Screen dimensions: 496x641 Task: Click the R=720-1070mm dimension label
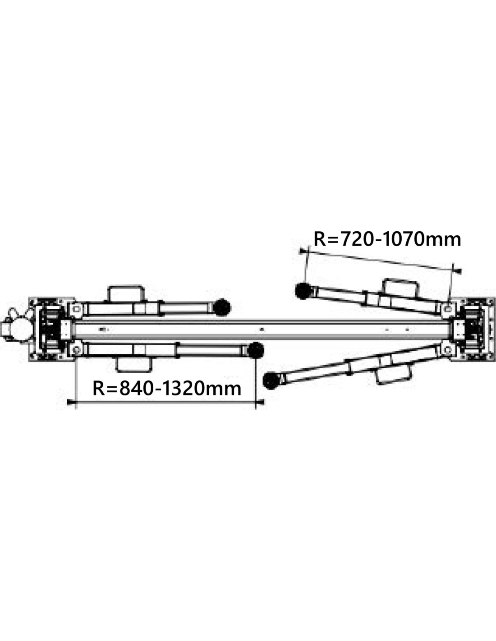[x=387, y=239]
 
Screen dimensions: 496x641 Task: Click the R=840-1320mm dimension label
[x=167, y=389]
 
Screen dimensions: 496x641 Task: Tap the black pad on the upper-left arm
[x=221, y=307]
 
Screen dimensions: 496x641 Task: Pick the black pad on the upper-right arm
[x=303, y=290]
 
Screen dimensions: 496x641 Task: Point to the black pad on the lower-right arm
[x=272, y=380]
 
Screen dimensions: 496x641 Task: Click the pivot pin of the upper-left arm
[x=76, y=309]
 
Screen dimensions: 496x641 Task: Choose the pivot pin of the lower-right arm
[x=448, y=350]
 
